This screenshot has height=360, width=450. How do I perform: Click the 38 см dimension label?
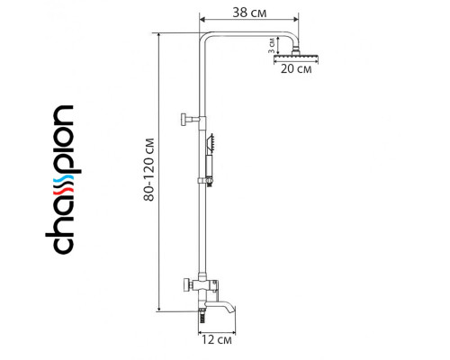coord(249,13)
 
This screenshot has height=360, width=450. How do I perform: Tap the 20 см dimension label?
coord(296,69)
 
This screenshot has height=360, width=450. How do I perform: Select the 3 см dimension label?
coord(272,46)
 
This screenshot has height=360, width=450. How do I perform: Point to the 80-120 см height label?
coord(149,169)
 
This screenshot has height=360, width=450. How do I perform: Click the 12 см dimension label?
coord(217,340)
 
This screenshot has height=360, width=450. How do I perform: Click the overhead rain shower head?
coord(296,56)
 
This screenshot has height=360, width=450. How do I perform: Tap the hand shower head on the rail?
coord(210,143)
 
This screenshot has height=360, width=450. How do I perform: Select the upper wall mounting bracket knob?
coord(184,120)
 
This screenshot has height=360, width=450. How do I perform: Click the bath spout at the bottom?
coord(222,307)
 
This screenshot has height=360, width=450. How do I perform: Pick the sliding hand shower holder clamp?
coord(206,181)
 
